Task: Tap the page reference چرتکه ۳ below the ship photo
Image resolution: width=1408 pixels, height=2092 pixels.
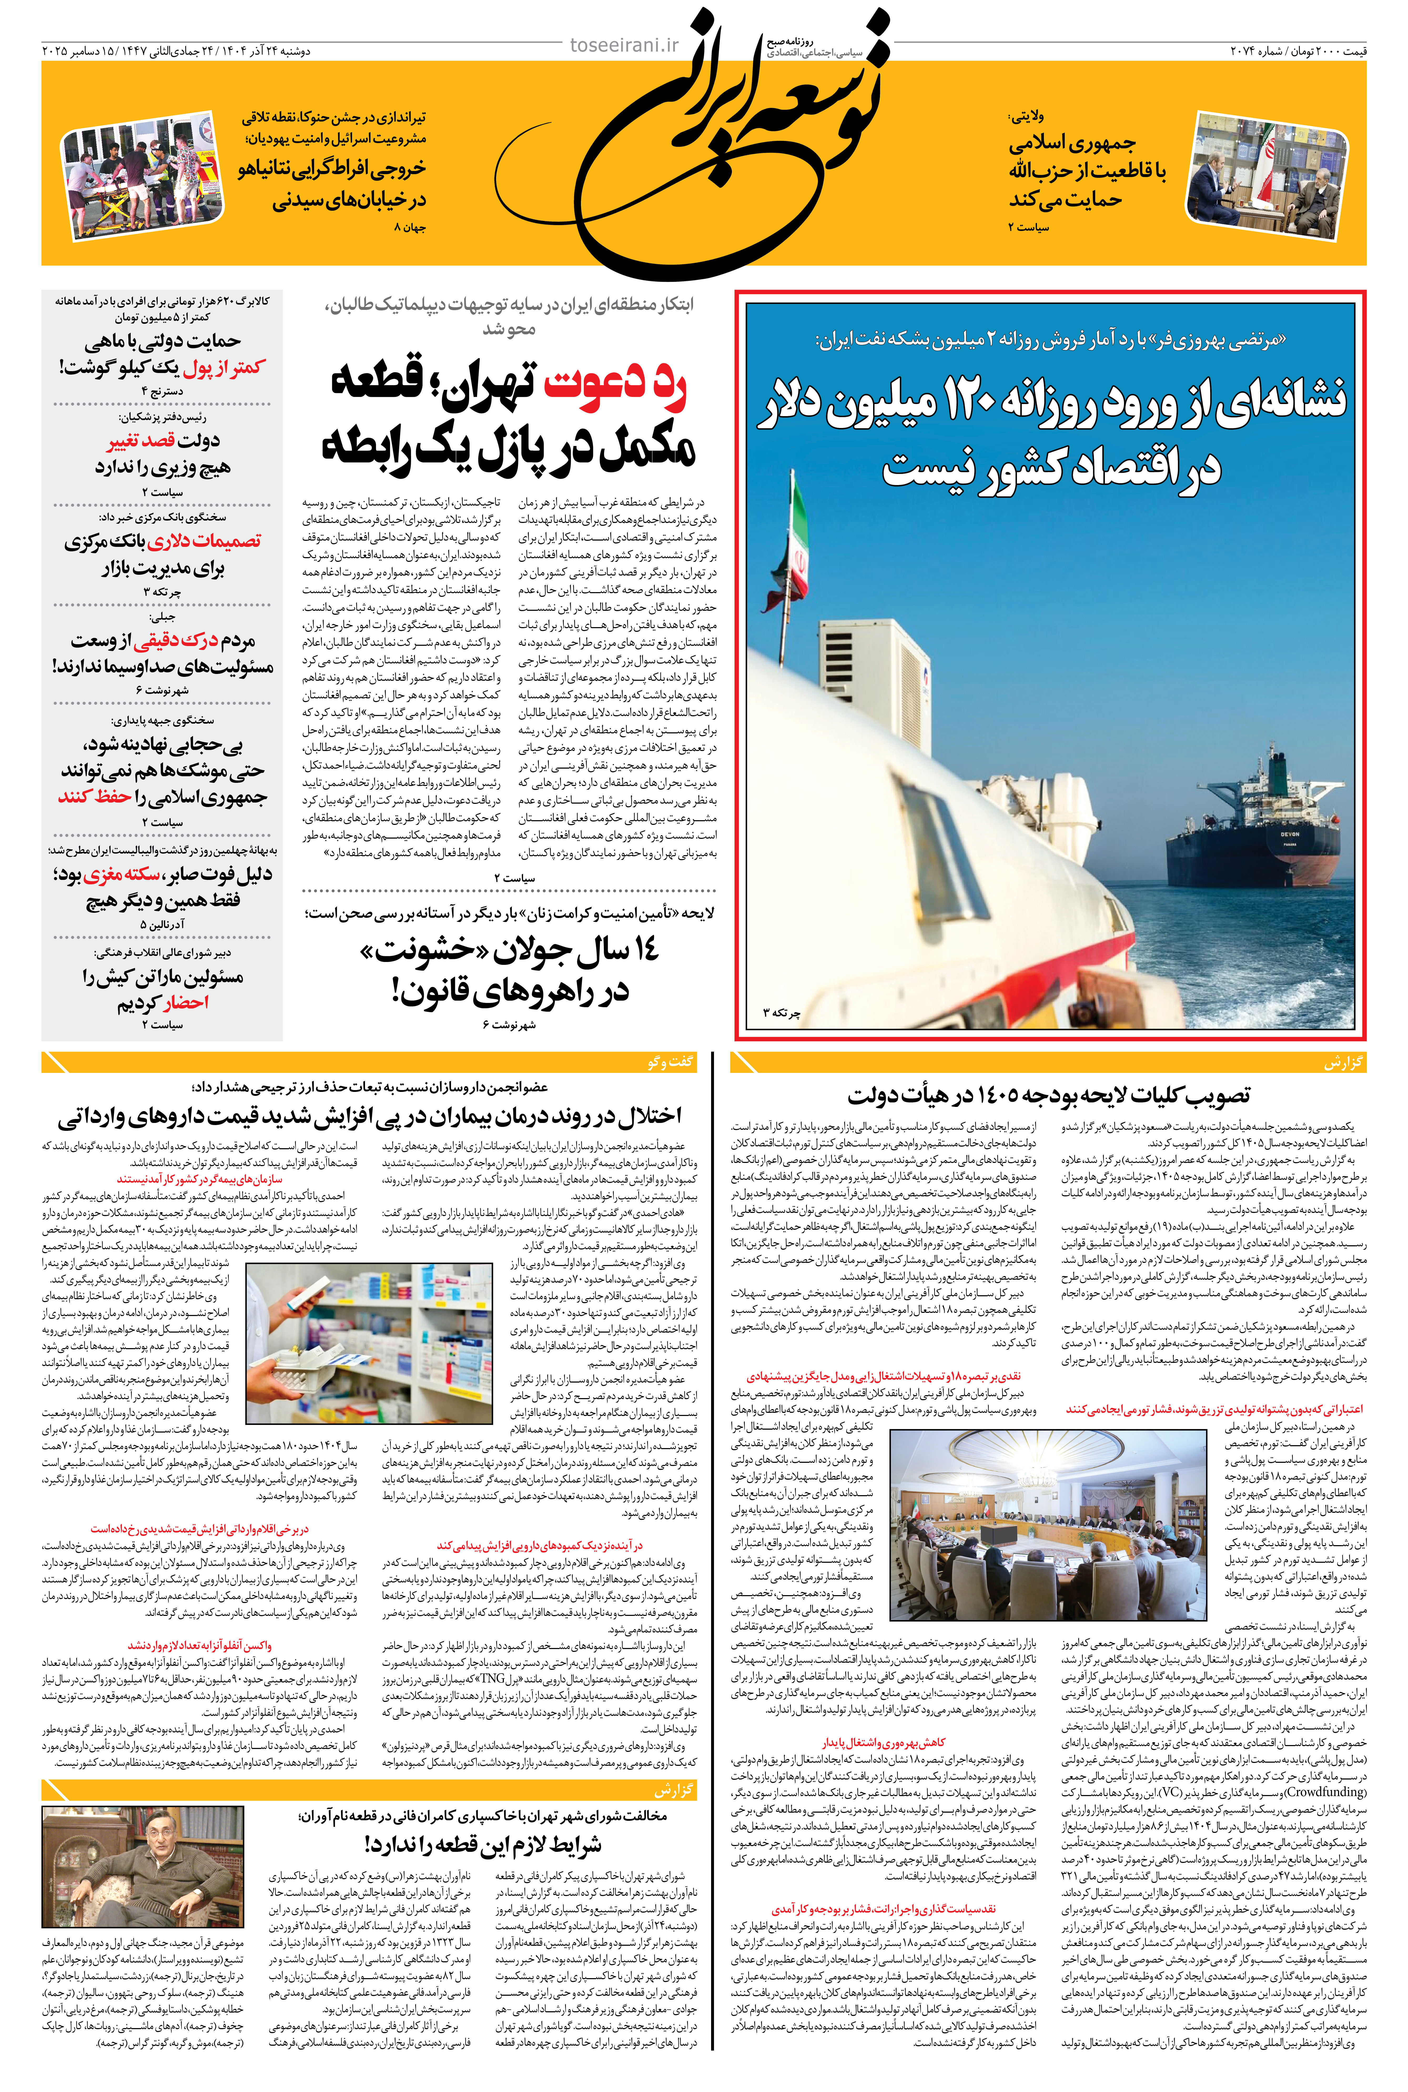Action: click(781, 1012)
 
